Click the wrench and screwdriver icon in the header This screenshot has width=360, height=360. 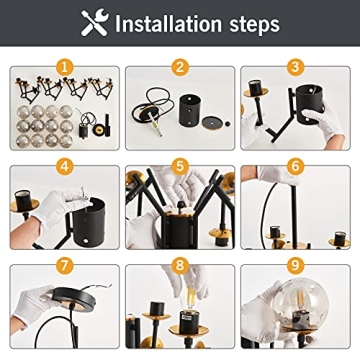95,23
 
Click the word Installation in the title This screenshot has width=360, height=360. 168,24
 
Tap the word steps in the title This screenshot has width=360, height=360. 254,25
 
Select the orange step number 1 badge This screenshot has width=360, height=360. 65,68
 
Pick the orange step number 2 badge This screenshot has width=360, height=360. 180,68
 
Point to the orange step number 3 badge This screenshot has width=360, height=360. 295,68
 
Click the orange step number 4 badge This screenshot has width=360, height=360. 65,166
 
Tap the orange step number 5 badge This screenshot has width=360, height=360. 180,166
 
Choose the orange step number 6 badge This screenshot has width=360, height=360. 295,166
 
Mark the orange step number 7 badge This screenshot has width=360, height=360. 65,265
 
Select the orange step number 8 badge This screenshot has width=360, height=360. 180,265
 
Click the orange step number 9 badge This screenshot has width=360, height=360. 295,265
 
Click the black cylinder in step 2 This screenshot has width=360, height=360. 190,110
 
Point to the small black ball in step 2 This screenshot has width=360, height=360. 228,124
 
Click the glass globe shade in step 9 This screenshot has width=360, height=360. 301,302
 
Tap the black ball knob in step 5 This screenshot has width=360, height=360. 181,205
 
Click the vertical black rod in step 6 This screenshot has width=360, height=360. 294,212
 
